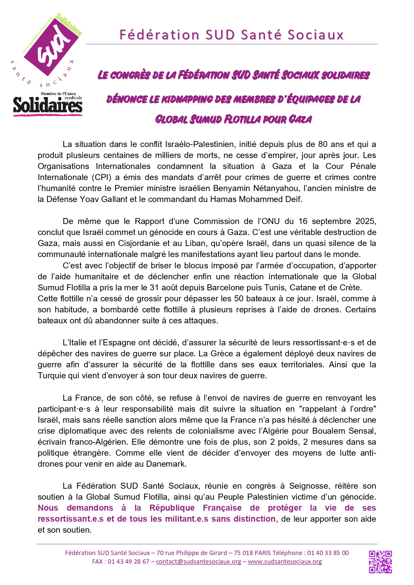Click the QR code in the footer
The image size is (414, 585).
(380, 562)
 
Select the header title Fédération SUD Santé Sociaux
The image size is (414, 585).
(232, 35)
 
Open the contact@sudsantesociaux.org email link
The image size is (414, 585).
(198, 562)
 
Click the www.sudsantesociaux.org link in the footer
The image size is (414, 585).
(285, 562)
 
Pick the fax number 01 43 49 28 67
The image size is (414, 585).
(128, 562)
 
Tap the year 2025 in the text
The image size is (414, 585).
(366, 221)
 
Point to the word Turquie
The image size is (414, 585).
(52, 376)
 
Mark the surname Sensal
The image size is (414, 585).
(362, 431)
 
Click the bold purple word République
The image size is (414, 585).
(172, 508)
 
